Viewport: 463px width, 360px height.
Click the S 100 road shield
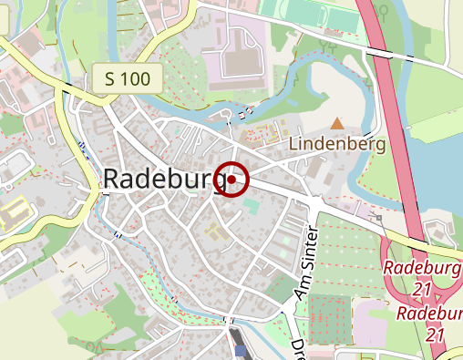[127, 78]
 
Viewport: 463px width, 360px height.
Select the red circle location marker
[232, 180]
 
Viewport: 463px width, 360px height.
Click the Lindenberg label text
[338, 144]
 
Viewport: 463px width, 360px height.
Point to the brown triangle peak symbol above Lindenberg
[338, 123]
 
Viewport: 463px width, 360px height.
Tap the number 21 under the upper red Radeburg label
[420, 288]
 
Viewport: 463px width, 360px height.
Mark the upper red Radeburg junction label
[421, 269]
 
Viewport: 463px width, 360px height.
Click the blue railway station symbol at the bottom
[240, 350]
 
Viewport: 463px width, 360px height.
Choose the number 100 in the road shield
[135, 78]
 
